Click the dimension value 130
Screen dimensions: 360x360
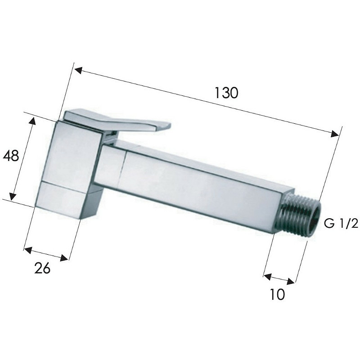(226, 93)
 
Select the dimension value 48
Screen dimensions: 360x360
(11, 155)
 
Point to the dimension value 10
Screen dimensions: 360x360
(277, 294)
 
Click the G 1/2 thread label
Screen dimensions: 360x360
(341, 223)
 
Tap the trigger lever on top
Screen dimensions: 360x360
(117, 121)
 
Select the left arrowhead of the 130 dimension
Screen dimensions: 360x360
(78, 70)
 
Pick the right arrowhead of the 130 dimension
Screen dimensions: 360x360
(335, 134)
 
